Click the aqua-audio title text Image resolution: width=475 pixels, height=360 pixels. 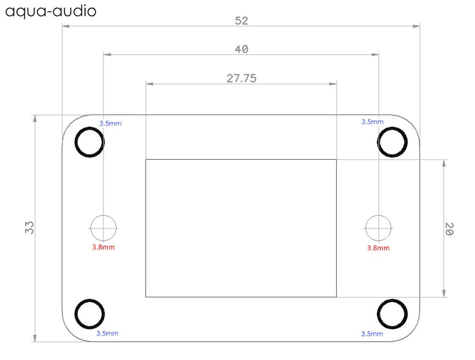(49, 11)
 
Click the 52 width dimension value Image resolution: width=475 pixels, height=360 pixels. (241, 20)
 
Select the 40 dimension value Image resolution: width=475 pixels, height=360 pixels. (241, 49)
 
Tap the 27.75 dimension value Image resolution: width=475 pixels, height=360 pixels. (241, 78)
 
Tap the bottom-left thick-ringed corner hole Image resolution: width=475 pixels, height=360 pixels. (90, 313)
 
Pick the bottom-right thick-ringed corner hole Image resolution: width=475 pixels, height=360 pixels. (392, 313)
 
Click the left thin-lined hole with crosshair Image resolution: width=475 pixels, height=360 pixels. (103, 228)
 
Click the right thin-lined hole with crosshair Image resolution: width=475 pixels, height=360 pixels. (378, 228)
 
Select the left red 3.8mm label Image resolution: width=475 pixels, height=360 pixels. (103, 247)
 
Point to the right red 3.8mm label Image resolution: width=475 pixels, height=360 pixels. (377, 248)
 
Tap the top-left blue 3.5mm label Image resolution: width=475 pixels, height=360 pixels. (110, 123)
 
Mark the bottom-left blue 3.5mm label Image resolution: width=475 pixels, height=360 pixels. (107, 333)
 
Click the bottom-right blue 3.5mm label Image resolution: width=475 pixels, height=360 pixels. (372, 333)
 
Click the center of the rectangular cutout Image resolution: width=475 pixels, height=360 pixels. (240, 228)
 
